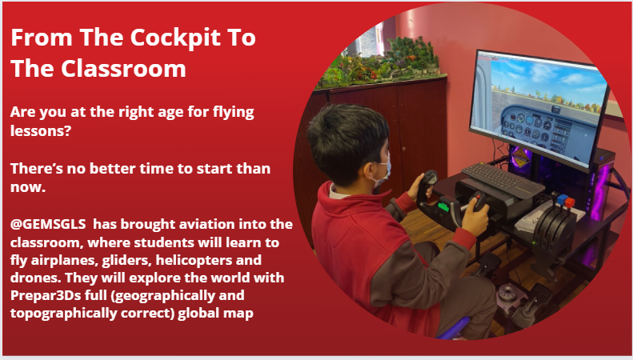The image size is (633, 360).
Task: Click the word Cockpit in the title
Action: tap(164, 38)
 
